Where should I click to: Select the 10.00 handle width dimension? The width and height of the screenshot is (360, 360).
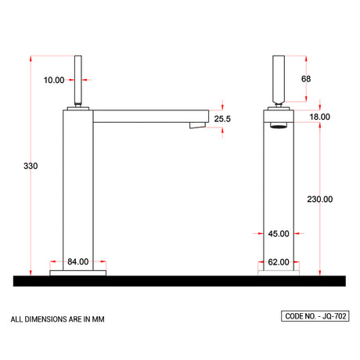pos(55,80)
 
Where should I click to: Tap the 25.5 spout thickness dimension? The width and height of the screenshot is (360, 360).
pos(223,119)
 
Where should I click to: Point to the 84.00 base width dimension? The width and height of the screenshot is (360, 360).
pos(77,262)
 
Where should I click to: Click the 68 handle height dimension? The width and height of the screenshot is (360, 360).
pos(306,79)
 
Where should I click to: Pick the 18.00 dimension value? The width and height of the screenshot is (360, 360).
pos(320,117)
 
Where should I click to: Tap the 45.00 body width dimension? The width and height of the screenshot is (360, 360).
pos(279,233)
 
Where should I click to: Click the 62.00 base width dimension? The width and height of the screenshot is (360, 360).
pos(279,262)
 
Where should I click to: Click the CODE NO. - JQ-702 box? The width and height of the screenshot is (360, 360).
pos(314,317)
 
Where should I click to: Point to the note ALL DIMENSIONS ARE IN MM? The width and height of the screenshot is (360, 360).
pos(57,319)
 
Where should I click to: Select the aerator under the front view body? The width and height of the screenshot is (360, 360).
pos(279,127)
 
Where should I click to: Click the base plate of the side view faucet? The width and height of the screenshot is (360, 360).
pos(77,273)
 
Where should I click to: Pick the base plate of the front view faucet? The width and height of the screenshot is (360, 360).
pos(279,273)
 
